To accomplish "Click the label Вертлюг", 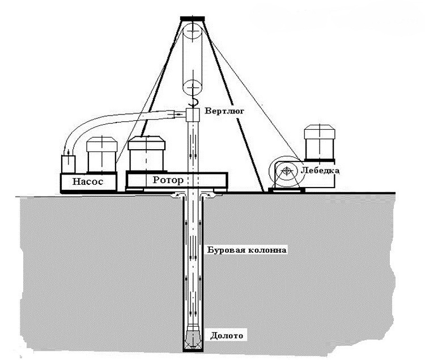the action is point(224,111).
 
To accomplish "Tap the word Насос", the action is point(88,181).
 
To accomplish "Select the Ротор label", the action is point(168,180).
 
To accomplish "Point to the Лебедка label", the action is point(320,171).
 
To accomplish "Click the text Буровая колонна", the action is point(247,249).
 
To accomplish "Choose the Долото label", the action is point(227,336).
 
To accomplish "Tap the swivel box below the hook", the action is point(193,115).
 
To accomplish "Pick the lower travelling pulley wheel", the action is point(193,87).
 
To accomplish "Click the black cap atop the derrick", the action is point(193,19).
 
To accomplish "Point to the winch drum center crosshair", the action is point(286,171).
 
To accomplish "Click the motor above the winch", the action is point(319,142).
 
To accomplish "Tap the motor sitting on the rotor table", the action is point(146,154).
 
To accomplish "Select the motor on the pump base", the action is point(101,155).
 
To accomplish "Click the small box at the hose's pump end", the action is point(68,164).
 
